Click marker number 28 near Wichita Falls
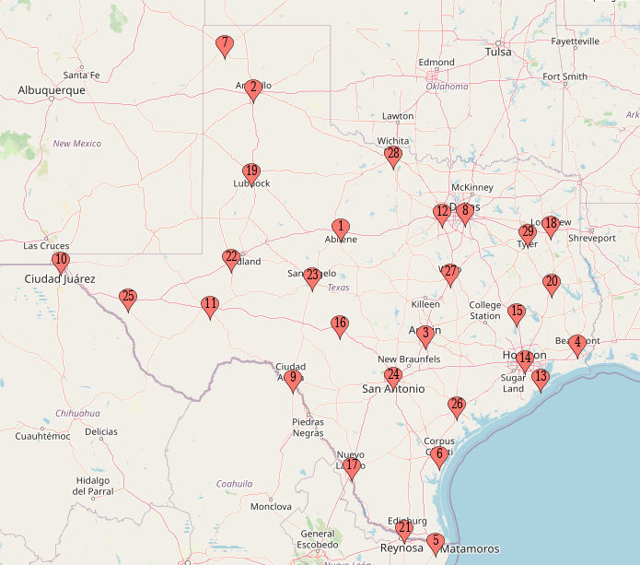(x=393, y=156)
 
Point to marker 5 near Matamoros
(x=436, y=543)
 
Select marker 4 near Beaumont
(x=577, y=344)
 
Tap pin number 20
(x=552, y=284)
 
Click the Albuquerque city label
(x=52, y=90)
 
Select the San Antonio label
(x=393, y=389)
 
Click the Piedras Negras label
(x=308, y=428)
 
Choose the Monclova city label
(x=271, y=507)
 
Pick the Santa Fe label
(x=81, y=75)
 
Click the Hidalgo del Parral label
(x=93, y=486)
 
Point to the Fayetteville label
(x=575, y=41)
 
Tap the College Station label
(x=485, y=311)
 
